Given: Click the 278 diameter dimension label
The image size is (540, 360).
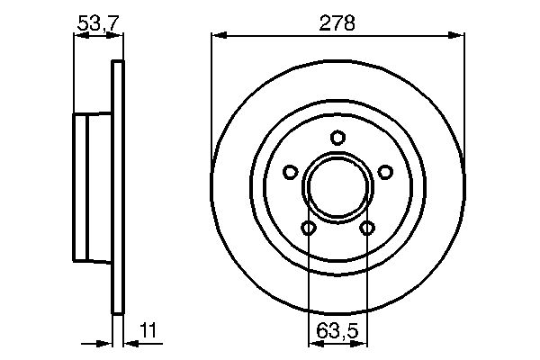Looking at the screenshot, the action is (x=337, y=23).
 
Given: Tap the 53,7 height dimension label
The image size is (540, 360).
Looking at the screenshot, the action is (x=98, y=23).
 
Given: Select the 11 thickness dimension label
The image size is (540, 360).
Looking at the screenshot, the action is (x=148, y=330).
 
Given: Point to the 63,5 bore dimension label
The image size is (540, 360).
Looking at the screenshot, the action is (x=337, y=330).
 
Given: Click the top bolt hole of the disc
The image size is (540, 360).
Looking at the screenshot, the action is (x=337, y=138).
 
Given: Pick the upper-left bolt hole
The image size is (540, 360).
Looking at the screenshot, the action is (x=291, y=172).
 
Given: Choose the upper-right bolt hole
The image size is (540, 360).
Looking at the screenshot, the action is (x=385, y=172).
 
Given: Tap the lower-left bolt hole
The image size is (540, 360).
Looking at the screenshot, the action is (x=308, y=228).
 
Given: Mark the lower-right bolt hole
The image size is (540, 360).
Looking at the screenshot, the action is (x=367, y=228).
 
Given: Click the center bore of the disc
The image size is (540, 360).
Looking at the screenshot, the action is (x=337, y=187).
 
